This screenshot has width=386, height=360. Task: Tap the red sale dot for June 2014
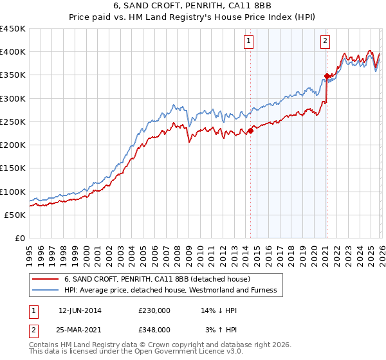(250, 131)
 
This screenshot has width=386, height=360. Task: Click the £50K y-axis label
(15, 215)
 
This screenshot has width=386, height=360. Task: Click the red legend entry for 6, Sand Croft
(161, 279)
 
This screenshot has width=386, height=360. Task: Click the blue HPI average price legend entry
(170, 291)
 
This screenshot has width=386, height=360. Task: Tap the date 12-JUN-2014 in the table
(80, 310)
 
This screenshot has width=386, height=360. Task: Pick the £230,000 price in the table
(154, 310)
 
